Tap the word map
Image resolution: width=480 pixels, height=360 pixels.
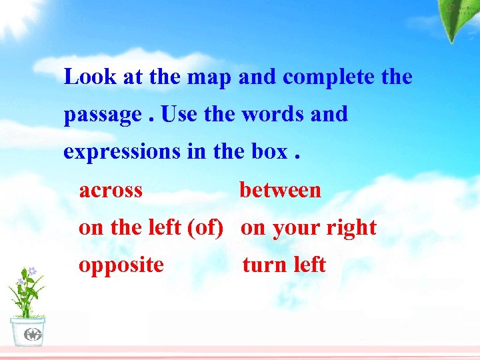[209, 77]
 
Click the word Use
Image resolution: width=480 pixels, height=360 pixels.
[179, 114]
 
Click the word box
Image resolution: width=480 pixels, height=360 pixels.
[269, 151]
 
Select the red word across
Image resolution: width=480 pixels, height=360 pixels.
[111, 190]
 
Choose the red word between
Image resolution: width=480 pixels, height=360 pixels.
[280, 190]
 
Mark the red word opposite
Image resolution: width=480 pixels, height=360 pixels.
[121, 265]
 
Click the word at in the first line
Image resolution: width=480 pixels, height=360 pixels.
[133, 77]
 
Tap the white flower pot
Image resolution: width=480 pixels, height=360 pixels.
[28, 331]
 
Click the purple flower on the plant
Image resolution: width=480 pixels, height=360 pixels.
[31, 272]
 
